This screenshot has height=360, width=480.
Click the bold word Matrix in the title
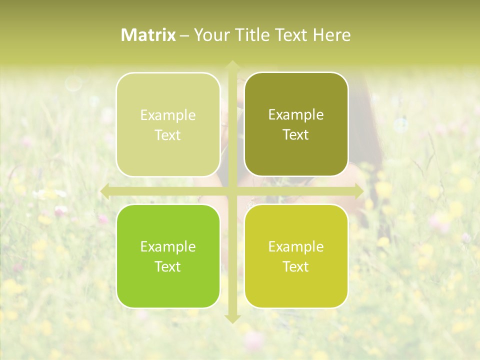148,35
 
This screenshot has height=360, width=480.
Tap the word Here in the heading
331,35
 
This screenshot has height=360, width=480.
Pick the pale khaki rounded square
168,124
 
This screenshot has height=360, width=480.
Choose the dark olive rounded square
296,124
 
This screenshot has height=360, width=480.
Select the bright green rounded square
168,256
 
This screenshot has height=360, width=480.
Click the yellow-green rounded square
296,256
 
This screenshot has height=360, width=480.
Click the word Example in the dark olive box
296,114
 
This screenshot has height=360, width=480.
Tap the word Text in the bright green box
168,266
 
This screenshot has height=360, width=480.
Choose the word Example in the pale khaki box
168,115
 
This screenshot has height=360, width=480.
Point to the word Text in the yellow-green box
296,266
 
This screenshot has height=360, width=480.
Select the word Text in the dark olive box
296,134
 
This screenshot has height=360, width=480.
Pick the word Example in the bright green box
168,246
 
